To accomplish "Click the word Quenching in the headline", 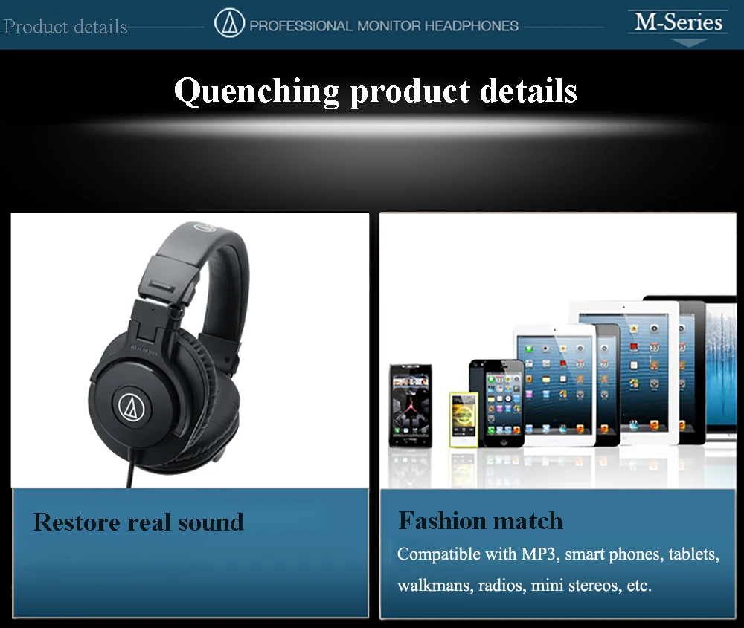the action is click(x=257, y=91).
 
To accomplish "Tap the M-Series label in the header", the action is click(x=678, y=22).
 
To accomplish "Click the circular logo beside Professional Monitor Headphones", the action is click(x=229, y=23).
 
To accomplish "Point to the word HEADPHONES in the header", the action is click(x=471, y=25).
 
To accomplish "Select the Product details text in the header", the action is click(x=65, y=27).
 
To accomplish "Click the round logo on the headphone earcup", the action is click(x=131, y=407).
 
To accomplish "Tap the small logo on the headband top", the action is click(x=205, y=227).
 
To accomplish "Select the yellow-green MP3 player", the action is click(x=464, y=420).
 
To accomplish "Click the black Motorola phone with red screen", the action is click(x=411, y=406).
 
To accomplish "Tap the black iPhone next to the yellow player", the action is click(x=497, y=404).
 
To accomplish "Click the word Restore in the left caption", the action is click(x=77, y=522).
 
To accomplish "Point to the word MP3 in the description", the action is click(x=539, y=554).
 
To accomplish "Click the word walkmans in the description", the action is click(x=435, y=586).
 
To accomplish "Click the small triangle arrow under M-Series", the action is click(x=689, y=43).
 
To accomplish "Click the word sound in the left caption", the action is click(x=211, y=522).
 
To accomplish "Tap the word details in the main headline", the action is click(x=528, y=91).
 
